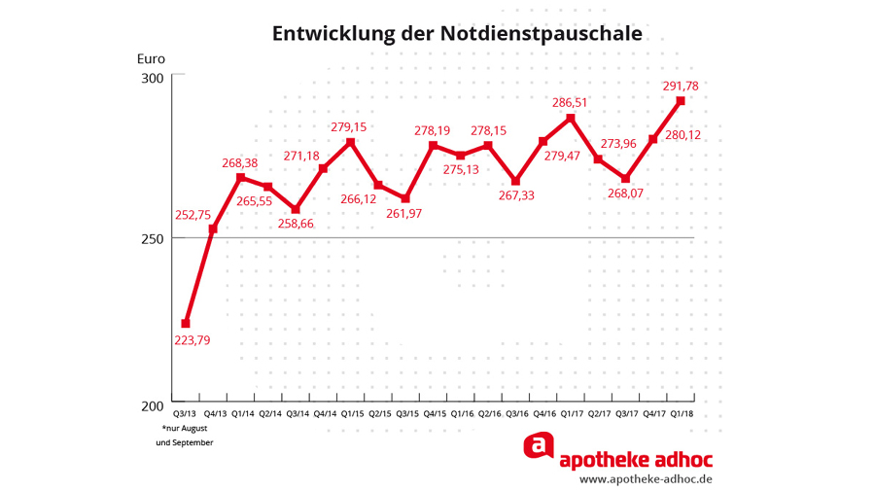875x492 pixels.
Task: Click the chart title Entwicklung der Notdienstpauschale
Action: (457, 34)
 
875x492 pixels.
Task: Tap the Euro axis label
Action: (151, 58)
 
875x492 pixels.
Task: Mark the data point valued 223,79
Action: (186, 324)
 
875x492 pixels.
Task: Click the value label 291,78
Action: (681, 87)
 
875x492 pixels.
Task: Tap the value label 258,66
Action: (296, 224)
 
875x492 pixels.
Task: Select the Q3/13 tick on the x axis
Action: (186, 414)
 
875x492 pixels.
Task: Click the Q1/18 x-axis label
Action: (682, 414)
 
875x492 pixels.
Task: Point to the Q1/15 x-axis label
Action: (351, 414)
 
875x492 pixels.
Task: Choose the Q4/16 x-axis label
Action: (543, 414)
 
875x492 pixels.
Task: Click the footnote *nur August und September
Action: (185, 436)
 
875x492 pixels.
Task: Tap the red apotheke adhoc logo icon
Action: (538, 446)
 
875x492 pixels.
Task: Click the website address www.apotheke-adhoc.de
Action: (646, 479)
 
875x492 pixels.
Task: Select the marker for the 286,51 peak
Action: (571, 119)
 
